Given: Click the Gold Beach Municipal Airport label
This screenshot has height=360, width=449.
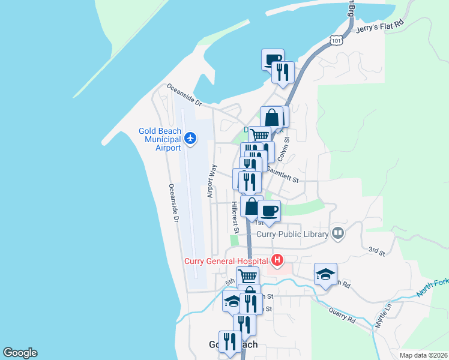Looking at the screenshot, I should [159, 139].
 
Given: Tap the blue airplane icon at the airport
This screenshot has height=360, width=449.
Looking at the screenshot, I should [191, 139].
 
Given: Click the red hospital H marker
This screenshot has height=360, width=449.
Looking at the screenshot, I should [277, 260].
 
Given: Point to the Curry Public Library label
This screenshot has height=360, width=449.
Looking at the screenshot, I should [292, 234].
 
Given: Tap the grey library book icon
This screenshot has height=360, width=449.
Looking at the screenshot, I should [338, 233].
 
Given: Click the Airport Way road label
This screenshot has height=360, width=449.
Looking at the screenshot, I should [211, 179].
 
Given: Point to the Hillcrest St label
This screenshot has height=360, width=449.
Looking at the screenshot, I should [235, 217].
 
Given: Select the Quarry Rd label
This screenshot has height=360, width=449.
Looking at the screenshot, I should [342, 316].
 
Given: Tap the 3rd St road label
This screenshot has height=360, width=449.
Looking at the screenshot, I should [376, 251].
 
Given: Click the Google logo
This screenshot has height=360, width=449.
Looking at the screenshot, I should [20, 353].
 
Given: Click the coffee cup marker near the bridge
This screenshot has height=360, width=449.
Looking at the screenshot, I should [273, 59].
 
